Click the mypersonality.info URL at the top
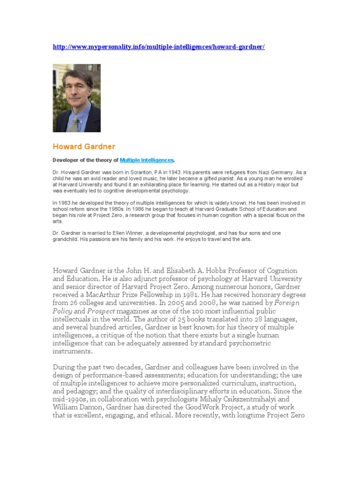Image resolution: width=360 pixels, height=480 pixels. (158, 47)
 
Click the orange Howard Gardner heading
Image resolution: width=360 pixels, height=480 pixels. (84, 147)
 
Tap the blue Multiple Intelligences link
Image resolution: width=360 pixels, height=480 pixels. (147, 160)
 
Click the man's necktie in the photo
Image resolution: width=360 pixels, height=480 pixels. (74, 123)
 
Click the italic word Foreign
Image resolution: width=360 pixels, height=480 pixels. (287, 303)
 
